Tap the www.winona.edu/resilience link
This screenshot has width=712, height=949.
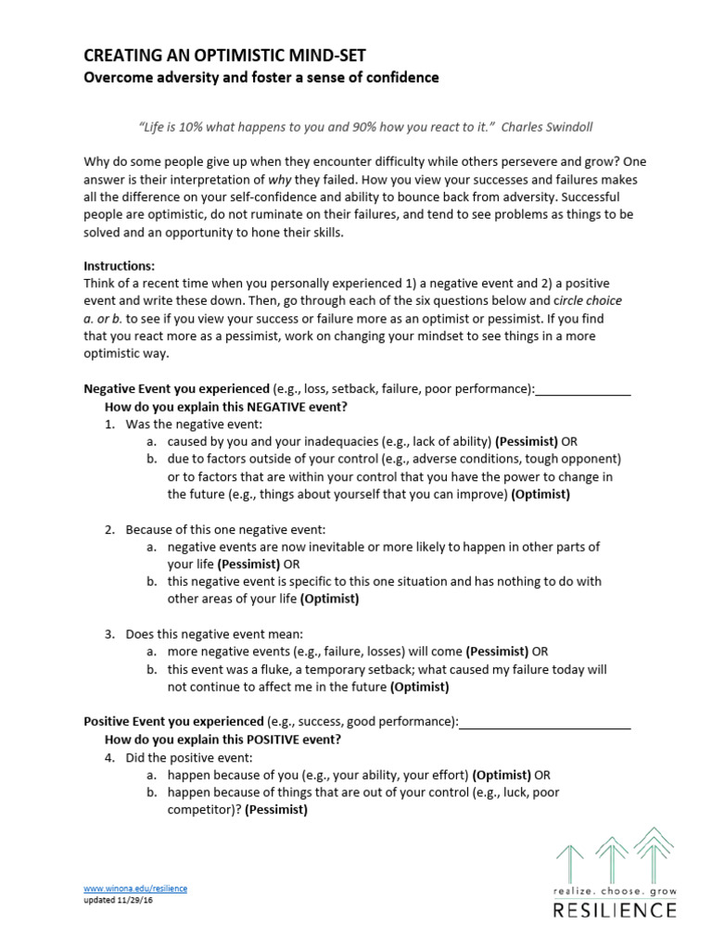click(135, 888)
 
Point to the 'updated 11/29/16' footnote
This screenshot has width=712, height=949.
click(122, 899)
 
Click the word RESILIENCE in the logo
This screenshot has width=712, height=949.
click(615, 910)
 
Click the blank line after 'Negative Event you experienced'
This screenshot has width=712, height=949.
click(583, 389)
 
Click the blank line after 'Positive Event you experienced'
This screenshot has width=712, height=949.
click(545, 721)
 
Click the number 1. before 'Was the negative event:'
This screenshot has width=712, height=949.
click(109, 424)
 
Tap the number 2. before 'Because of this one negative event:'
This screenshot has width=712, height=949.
click(109, 529)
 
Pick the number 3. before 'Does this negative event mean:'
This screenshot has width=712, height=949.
click(109, 634)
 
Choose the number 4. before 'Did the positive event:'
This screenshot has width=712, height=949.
click(109, 757)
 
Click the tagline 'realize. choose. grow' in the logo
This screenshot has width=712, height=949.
click(615, 891)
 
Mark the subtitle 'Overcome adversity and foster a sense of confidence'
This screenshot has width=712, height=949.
click(261, 78)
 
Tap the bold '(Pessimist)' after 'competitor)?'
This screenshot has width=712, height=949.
click(276, 810)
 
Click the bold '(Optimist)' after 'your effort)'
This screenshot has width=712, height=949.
click(502, 775)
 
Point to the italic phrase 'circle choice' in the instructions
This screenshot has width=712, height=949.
click(588, 301)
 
